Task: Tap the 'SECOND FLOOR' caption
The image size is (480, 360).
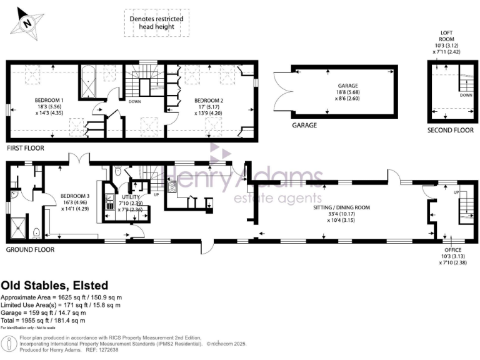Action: [x=451, y=130]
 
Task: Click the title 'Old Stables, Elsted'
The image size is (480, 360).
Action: [x=54, y=284]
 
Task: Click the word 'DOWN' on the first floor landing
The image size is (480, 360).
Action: [x=134, y=101]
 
